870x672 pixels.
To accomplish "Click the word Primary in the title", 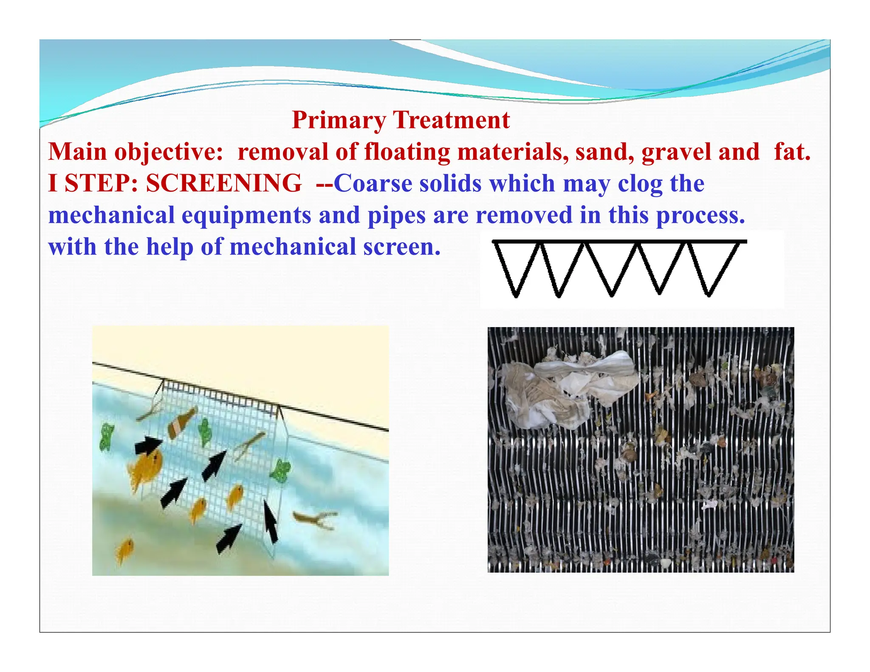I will point(338,121).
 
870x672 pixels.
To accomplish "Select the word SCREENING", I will point(224,184).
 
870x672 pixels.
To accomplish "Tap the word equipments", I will point(246,215).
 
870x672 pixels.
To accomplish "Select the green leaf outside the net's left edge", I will point(106,438).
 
